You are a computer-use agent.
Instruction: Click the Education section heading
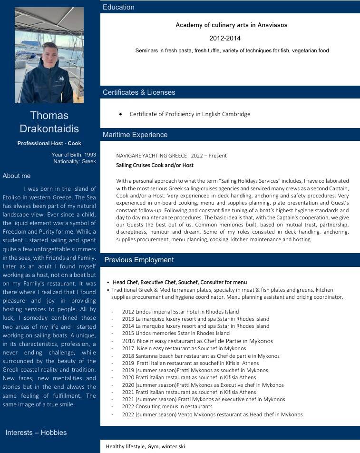(x=118, y=7)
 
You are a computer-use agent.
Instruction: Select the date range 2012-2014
(x=225, y=38)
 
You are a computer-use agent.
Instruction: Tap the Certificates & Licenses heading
(x=139, y=92)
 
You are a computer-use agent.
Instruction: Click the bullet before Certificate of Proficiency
(x=121, y=114)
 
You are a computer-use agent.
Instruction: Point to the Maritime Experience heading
(x=135, y=135)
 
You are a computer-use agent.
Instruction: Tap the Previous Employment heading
(x=139, y=260)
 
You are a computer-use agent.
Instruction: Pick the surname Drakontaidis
(x=49, y=128)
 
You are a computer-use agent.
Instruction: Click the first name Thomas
(x=49, y=116)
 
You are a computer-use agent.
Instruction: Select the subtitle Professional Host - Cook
(x=49, y=143)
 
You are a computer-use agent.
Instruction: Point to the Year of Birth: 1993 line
(x=74, y=155)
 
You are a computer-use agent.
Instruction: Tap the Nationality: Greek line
(x=75, y=161)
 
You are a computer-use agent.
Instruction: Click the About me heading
(x=17, y=176)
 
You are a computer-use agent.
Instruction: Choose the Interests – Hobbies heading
(x=36, y=433)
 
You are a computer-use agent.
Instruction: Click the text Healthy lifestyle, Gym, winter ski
(x=145, y=446)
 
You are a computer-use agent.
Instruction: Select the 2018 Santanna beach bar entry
(x=200, y=356)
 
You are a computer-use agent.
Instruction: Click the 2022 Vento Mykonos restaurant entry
(x=212, y=414)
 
